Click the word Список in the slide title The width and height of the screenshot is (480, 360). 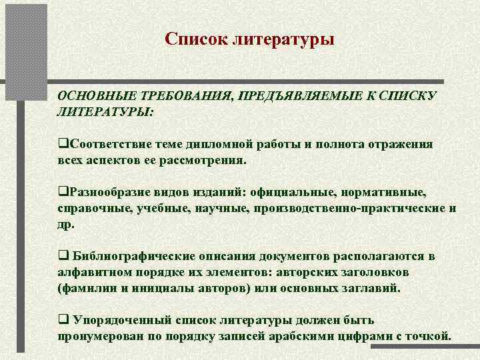195,40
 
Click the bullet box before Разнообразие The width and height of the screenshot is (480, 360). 62,193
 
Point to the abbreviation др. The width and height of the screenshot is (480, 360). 67,224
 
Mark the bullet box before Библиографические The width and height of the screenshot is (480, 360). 62,257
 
